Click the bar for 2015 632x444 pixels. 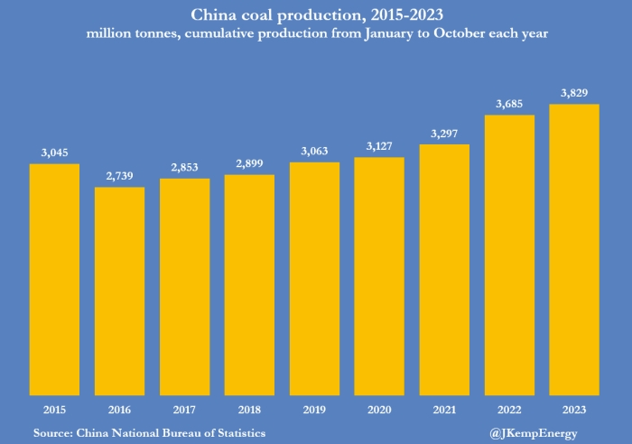[54, 280]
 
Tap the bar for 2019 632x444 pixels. [314, 279]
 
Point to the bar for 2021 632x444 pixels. [444, 270]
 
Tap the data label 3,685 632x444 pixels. [509, 105]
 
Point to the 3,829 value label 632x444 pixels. [574, 94]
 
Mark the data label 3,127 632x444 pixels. [379, 147]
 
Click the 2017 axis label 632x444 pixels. [184, 410]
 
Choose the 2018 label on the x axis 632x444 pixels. [249, 410]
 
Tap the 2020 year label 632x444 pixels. [379, 410]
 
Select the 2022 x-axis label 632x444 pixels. [509, 410]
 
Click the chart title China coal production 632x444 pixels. [316, 14]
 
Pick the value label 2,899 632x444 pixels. [249, 164]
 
